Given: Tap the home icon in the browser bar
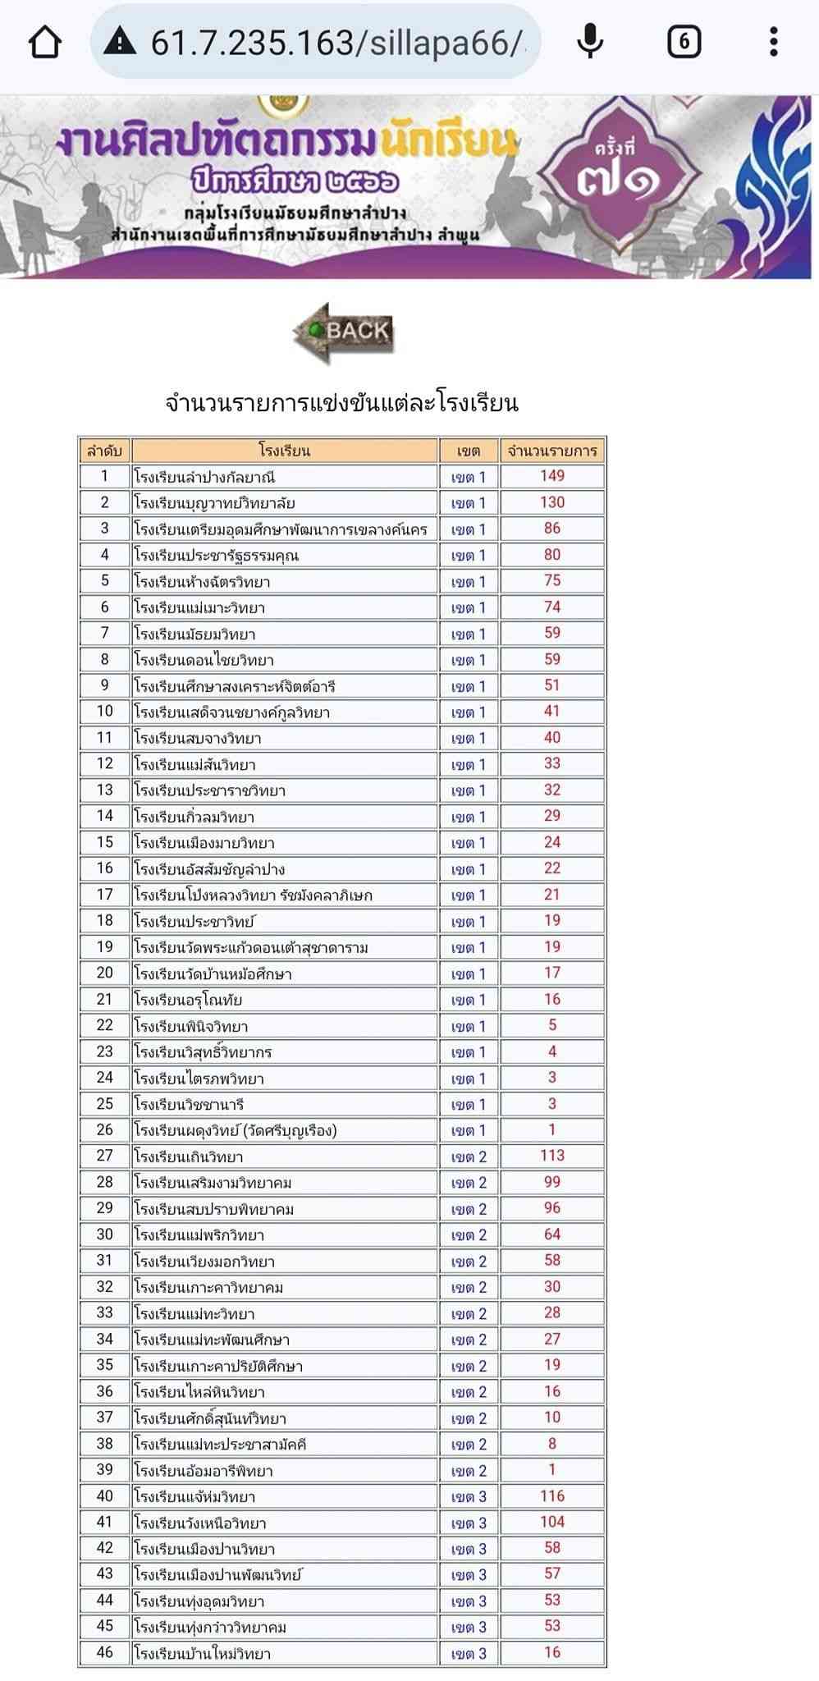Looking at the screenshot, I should (44, 42).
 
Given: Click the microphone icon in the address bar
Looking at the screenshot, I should (590, 42).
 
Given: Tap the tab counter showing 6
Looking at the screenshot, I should (684, 42).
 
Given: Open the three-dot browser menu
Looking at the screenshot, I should (773, 42).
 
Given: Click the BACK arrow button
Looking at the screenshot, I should (344, 332).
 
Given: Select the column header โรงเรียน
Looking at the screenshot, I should (284, 450).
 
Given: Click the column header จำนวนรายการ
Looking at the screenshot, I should (552, 450).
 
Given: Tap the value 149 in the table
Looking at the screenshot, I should (552, 476).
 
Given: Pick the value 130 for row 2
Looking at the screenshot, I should (552, 502).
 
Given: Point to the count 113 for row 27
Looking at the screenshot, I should (552, 1156).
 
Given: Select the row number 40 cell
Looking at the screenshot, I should (105, 1496).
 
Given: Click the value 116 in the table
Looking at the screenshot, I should (552, 1496).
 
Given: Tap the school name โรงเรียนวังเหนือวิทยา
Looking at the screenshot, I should (200, 1523).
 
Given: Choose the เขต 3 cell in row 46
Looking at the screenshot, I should (469, 1653).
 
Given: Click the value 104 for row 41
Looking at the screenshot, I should (552, 1522).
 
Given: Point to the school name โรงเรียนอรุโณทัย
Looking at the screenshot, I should (188, 1000).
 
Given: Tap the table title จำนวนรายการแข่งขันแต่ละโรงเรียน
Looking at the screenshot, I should (341, 403).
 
